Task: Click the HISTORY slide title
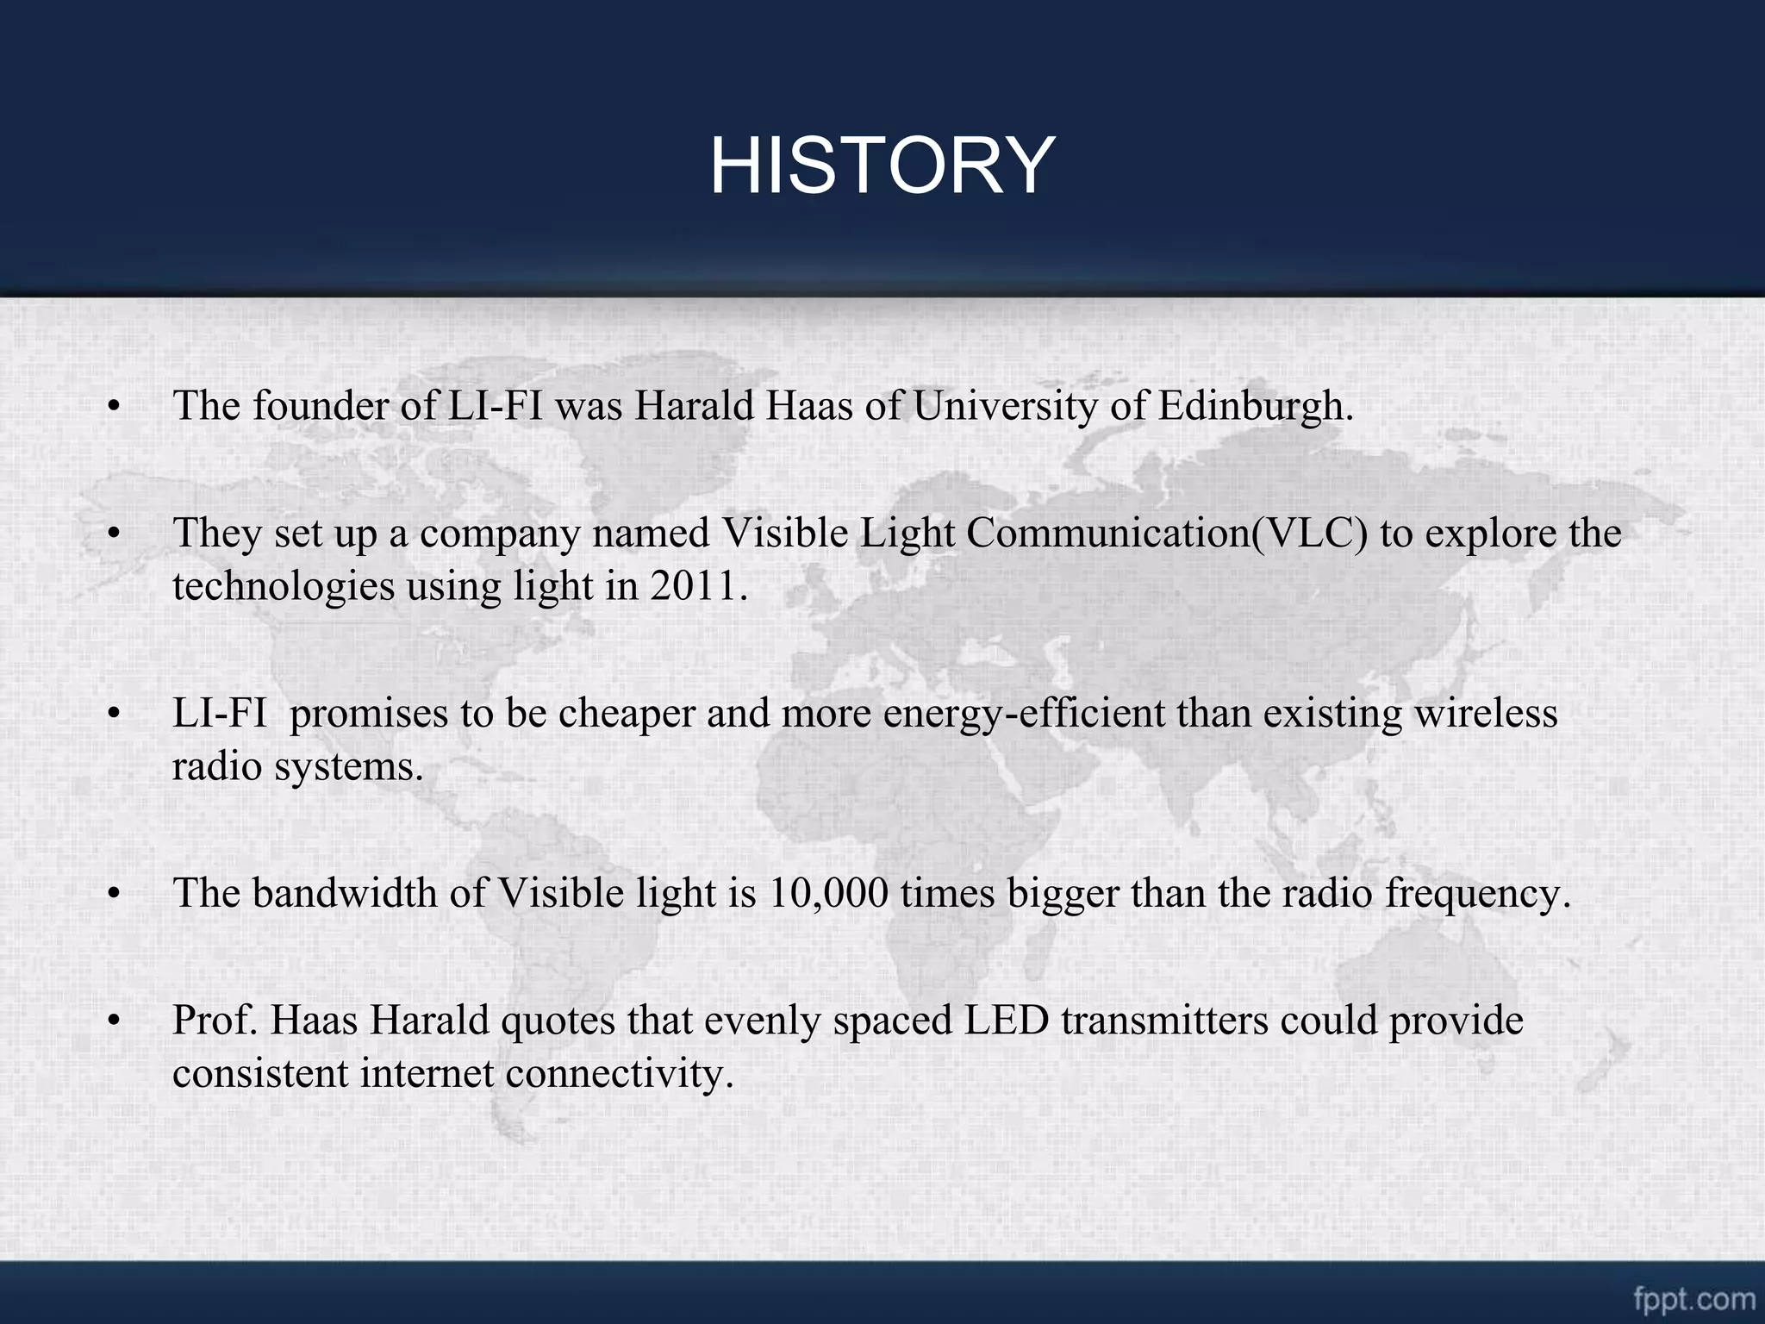(882, 165)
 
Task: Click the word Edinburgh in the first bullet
(1255, 406)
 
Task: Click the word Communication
(1107, 534)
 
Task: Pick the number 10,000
(827, 893)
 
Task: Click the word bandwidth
(345, 893)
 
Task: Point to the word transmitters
(1164, 1021)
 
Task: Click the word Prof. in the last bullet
(215, 1021)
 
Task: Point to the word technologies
(283, 586)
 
